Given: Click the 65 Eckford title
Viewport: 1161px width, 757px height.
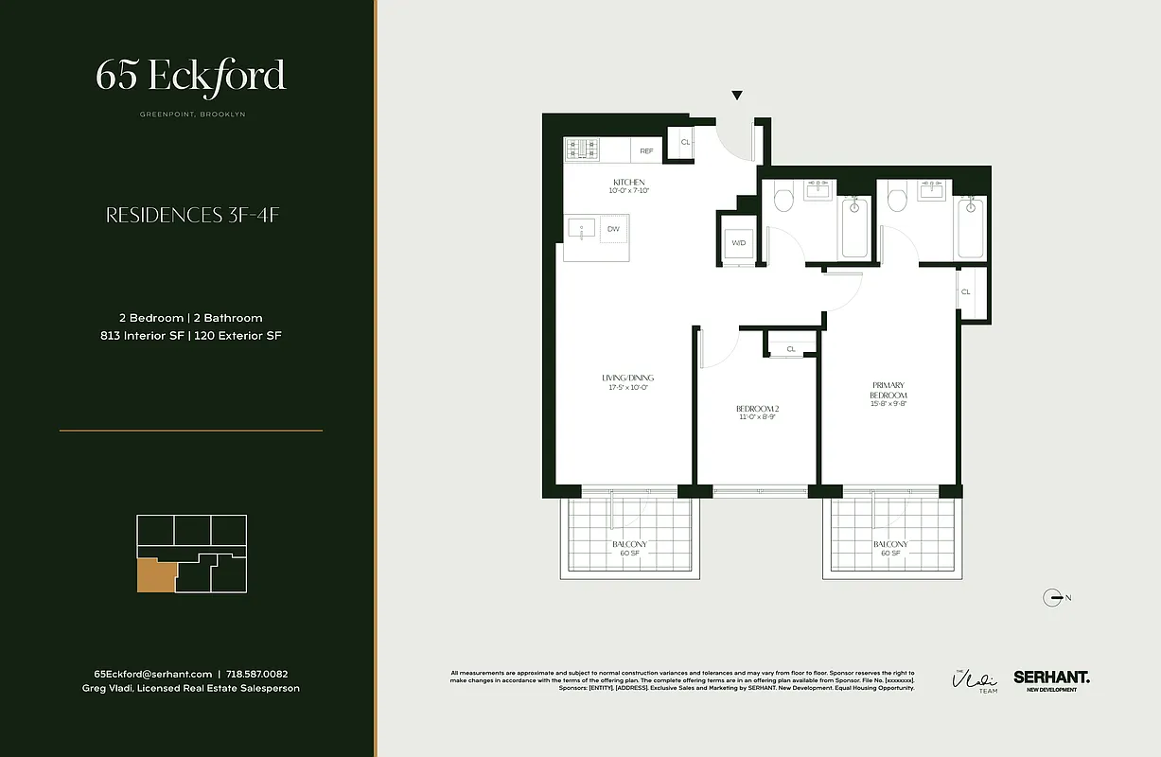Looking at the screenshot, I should [190, 76].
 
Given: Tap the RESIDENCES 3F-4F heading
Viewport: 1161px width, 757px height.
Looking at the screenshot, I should [191, 216].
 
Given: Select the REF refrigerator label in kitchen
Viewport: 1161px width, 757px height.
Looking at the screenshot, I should [646, 150].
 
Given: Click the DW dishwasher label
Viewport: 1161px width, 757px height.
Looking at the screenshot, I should [613, 229].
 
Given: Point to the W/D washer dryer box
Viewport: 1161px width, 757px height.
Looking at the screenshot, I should [738, 243].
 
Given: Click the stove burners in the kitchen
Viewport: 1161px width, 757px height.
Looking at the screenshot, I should [583, 150].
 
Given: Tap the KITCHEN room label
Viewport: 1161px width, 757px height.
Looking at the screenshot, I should [628, 182].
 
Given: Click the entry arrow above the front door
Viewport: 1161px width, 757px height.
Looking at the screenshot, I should [737, 96].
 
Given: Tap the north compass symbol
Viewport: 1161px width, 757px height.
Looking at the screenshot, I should [1051, 597].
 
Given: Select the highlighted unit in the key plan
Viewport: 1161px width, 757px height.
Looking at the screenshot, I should [155, 575].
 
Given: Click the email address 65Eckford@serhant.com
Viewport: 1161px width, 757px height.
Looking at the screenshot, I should [153, 674].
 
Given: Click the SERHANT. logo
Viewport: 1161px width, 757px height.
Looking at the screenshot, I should [1051, 678].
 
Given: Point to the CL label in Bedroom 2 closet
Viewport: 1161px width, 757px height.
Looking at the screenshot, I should [791, 349].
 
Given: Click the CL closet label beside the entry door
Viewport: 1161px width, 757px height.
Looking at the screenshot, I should [685, 143].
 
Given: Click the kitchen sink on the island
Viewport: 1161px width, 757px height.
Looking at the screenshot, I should [581, 228].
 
